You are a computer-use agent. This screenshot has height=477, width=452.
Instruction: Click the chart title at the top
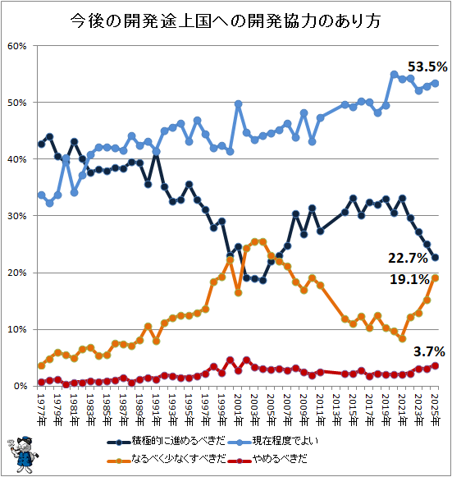pos(226,21)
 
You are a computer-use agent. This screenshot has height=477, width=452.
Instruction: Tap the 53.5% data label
pos(427,67)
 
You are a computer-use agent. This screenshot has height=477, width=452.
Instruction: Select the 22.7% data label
pos(408,258)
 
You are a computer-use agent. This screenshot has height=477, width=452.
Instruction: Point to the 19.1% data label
pos(409,279)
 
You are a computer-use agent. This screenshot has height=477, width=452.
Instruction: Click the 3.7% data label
pos(429,351)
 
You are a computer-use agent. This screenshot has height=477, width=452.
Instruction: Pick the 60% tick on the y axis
pos(17,46)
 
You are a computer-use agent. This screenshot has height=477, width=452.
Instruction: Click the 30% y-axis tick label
pos(17,216)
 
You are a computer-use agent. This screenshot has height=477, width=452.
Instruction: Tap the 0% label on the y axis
pos(21,386)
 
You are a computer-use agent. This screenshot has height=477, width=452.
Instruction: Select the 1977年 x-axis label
pos(41,410)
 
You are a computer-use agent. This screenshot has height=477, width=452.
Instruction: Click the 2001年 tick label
pos(239,410)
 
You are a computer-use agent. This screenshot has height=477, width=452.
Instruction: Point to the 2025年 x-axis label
pos(436,410)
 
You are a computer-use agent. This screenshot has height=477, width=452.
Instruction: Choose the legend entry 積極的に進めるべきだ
pos(167,441)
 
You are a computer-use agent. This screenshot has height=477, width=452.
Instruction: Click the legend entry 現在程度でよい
pos(272,441)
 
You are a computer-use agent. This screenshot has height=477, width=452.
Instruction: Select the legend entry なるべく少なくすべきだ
pos(167,459)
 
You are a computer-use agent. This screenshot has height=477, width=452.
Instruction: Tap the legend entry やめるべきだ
pos(267,459)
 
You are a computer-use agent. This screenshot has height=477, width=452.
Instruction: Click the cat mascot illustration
pos(23,455)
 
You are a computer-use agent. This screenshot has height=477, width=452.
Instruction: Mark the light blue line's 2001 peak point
pos(239,104)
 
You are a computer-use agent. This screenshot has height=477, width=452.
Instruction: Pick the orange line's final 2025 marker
pos(436,278)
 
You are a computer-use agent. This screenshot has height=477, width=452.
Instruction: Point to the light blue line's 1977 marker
pos(41,195)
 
